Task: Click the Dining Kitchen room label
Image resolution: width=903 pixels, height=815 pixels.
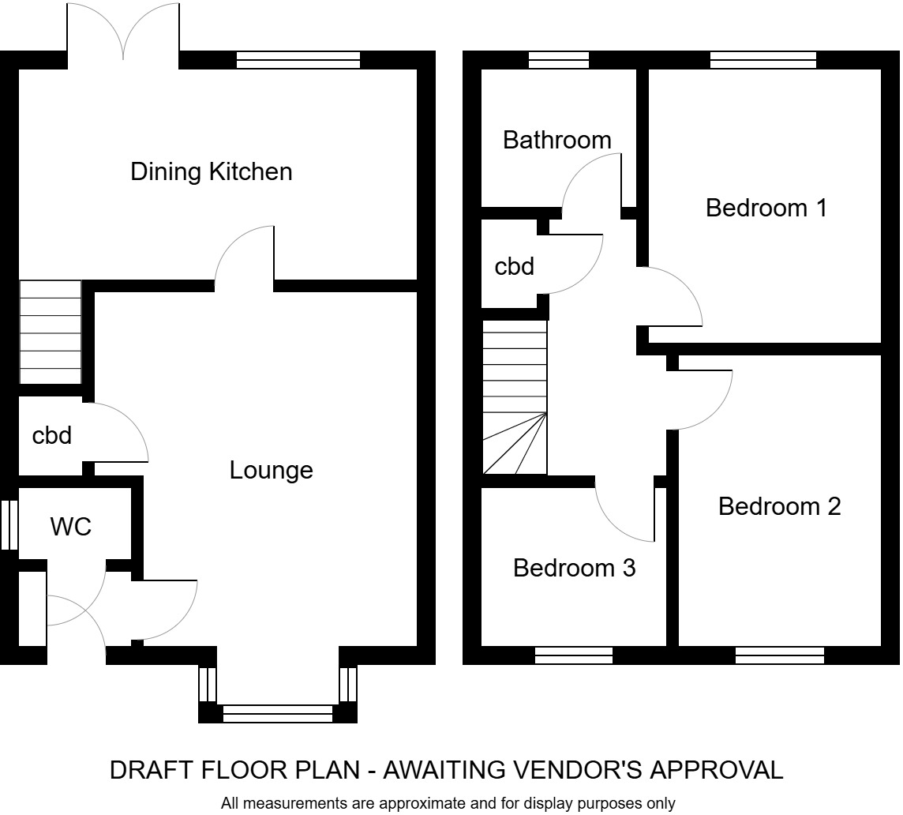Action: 211,171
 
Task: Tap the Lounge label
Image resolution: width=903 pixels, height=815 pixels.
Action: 271,471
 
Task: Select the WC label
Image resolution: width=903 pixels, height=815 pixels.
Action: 70,527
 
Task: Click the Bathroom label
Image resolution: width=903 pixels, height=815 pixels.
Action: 556,141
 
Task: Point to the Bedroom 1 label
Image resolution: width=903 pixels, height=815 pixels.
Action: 766,208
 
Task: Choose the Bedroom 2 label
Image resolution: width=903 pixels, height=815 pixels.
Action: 779,506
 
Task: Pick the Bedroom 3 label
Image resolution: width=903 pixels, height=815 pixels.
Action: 574,568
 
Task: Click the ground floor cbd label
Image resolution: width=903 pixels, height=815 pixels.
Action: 52,435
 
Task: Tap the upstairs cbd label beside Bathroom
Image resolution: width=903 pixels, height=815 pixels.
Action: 514,267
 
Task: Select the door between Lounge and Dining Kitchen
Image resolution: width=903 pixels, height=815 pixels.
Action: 245,257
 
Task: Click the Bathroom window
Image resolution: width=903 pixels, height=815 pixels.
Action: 558,60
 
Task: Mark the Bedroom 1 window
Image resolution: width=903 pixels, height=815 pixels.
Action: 762,60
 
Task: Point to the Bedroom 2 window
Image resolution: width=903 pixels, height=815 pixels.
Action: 779,655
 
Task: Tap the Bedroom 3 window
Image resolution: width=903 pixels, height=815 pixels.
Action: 574,655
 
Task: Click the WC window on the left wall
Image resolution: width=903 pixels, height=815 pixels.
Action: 9,524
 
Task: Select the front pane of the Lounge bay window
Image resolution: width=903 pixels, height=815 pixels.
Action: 277,714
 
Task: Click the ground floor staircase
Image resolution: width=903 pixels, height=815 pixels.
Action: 50,332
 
